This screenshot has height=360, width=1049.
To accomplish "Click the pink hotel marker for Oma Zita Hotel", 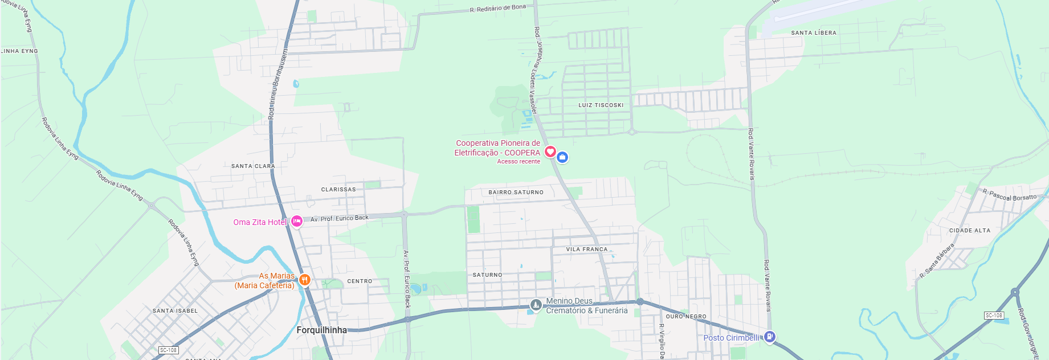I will (296, 222).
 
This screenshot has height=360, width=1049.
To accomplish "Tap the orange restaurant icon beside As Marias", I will (305, 280).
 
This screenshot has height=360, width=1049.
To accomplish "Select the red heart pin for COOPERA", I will (550, 152).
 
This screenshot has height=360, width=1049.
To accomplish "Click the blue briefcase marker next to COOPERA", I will (562, 157).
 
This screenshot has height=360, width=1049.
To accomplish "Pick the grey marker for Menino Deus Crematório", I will (536, 305).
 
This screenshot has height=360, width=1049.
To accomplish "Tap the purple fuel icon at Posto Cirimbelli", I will (770, 337).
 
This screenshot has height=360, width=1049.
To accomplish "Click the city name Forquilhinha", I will (321, 330).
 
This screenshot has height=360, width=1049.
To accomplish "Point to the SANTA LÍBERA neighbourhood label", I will (814, 33).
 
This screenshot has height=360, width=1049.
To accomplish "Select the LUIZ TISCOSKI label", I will (601, 105).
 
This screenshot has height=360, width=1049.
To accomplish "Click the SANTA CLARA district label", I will (253, 166).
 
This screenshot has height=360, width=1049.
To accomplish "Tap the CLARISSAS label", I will (338, 190).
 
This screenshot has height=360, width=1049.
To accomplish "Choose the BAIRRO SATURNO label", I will (516, 193).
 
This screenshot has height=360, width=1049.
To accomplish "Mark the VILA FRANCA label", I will (586, 249).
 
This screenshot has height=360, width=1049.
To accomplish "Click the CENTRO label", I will (360, 281).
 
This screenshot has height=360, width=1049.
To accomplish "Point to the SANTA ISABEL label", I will (175, 311).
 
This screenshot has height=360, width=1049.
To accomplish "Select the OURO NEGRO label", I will (686, 317).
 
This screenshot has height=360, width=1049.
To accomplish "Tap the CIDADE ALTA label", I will (970, 231).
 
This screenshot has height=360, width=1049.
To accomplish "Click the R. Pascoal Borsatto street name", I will (1010, 195).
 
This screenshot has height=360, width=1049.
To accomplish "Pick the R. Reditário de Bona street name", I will (498, 9).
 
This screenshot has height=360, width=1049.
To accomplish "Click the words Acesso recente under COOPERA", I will (519, 162).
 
